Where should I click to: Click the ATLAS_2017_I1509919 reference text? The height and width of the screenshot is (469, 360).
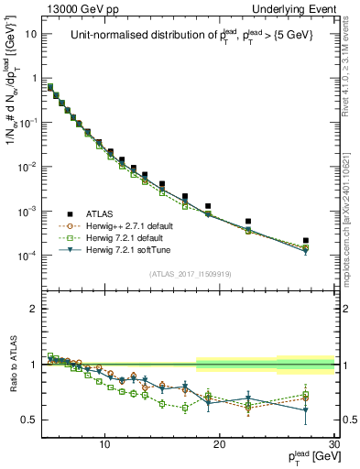point(191,272)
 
